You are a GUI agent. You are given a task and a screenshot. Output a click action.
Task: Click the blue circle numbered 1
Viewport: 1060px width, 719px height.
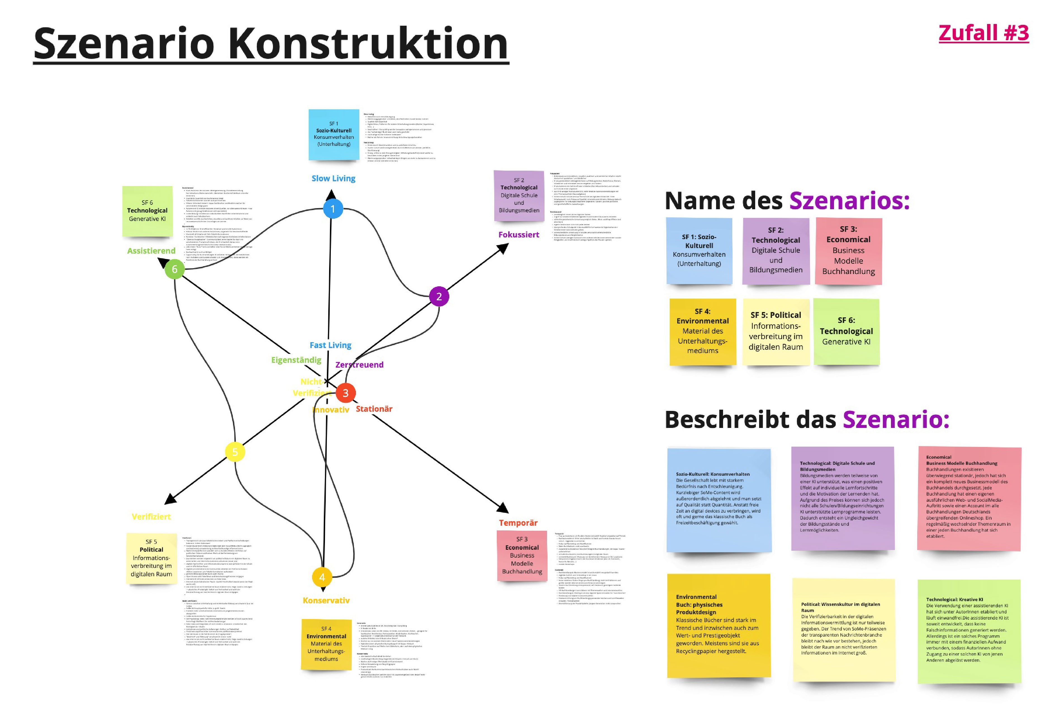(333, 209)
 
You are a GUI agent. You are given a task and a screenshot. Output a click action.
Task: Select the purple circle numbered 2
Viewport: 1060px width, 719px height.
(439, 296)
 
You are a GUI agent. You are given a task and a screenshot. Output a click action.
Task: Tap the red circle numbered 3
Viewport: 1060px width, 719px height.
(346, 393)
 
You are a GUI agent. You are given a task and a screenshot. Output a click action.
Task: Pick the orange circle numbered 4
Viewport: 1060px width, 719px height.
(322, 577)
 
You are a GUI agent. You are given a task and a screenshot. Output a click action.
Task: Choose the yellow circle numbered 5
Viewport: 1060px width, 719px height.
(235, 452)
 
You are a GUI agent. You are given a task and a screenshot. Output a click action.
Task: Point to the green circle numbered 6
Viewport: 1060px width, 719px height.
(174, 269)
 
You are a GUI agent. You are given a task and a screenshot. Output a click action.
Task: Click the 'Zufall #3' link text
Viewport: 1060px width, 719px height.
(983, 33)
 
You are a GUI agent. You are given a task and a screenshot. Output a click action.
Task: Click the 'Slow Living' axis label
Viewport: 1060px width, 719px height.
(333, 178)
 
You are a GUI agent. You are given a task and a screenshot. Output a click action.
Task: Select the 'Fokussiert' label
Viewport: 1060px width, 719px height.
(519, 234)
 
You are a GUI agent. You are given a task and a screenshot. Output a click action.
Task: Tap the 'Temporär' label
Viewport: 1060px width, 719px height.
(518, 523)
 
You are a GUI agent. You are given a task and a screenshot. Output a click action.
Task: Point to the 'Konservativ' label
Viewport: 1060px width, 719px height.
(326, 601)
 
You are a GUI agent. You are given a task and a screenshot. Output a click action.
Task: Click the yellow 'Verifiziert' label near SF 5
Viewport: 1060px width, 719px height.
(151, 516)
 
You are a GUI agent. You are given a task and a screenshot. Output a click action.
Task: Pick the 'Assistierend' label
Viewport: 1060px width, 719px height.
(151, 251)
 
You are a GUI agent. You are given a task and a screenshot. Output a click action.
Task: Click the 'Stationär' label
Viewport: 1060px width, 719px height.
(374, 409)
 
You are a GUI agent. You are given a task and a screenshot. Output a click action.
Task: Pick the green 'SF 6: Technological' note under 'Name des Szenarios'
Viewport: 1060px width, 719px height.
(846, 332)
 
